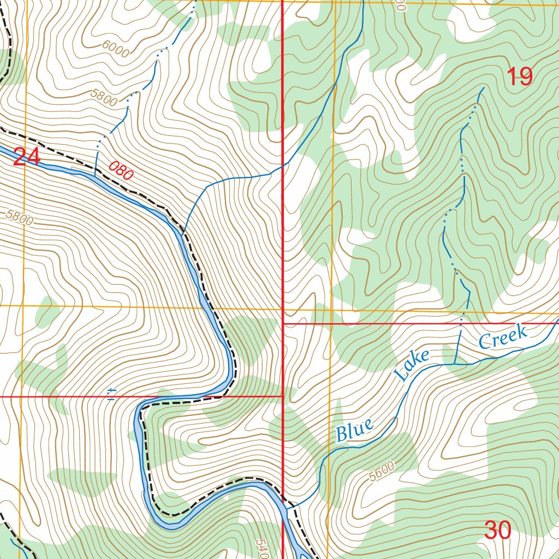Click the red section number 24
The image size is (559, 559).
point(26,158)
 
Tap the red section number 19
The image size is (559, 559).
point(519,76)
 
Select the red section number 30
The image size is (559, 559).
point(497,530)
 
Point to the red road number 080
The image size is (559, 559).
point(121,171)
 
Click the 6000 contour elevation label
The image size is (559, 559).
point(115,51)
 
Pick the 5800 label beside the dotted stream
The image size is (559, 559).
point(105,98)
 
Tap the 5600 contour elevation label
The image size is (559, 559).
point(381,471)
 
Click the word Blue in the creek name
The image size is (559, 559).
point(355,430)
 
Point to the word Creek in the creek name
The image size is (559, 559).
point(503,336)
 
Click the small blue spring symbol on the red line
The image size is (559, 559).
point(111,394)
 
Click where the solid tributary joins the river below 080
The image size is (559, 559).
point(182,232)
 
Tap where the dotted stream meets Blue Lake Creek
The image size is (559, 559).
point(455,364)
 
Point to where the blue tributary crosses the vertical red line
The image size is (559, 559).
point(282,165)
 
